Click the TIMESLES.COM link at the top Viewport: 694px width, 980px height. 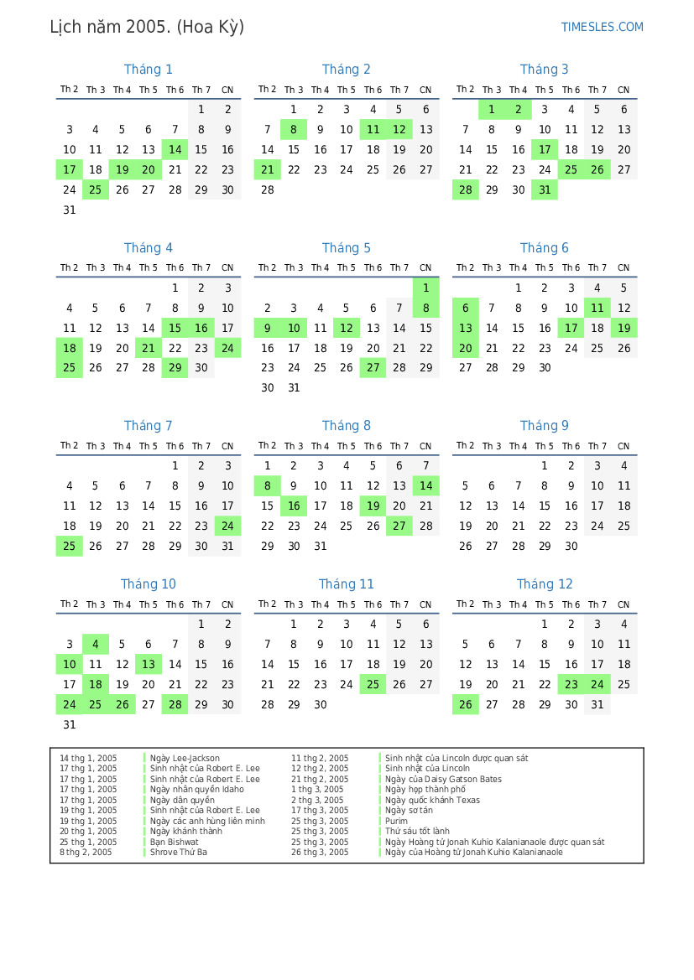click(x=602, y=27)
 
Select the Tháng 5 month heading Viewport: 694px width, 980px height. click(x=346, y=248)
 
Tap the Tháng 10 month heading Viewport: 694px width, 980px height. click(x=148, y=584)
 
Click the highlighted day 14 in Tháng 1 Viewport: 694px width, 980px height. click(x=175, y=150)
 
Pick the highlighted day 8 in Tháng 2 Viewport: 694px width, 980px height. click(x=294, y=129)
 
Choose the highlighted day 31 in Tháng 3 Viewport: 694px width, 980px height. click(x=544, y=190)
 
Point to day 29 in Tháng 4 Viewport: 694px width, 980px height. click(x=175, y=368)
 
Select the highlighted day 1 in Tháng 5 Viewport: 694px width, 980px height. click(x=425, y=288)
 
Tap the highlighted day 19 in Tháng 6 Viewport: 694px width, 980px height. click(x=624, y=328)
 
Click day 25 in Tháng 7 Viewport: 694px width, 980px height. click(x=70, y=547)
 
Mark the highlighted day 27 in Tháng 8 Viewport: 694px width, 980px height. click(x=399, y=526)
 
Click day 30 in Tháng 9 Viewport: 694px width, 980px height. click(x=571, y=547)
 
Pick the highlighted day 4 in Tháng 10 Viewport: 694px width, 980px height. click(x=96, y=645)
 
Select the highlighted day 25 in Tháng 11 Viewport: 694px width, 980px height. click(x=373, y=685)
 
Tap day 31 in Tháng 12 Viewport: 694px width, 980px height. click(x=597, y=705)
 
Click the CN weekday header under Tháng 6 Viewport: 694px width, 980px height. click(x=624, y=268)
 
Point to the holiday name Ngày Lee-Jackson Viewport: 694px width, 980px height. click(x=185, y=759)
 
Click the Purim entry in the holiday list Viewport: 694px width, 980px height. click(x=396, y=822)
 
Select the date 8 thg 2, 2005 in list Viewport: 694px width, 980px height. click(x=86, y=853)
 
